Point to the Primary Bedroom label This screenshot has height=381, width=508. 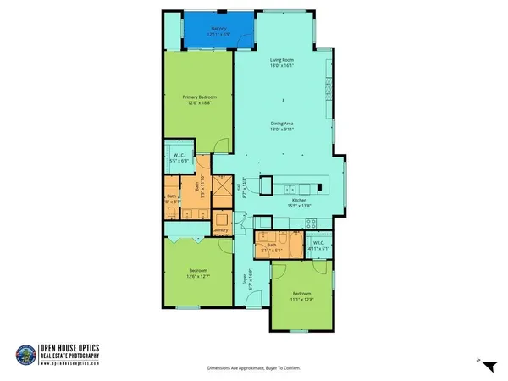tap(200, 100)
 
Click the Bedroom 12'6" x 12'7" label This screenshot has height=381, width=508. tap(200, 273)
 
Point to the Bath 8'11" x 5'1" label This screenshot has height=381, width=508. tap(275, 247)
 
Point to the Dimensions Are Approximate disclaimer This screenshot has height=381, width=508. tap(254, 368)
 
